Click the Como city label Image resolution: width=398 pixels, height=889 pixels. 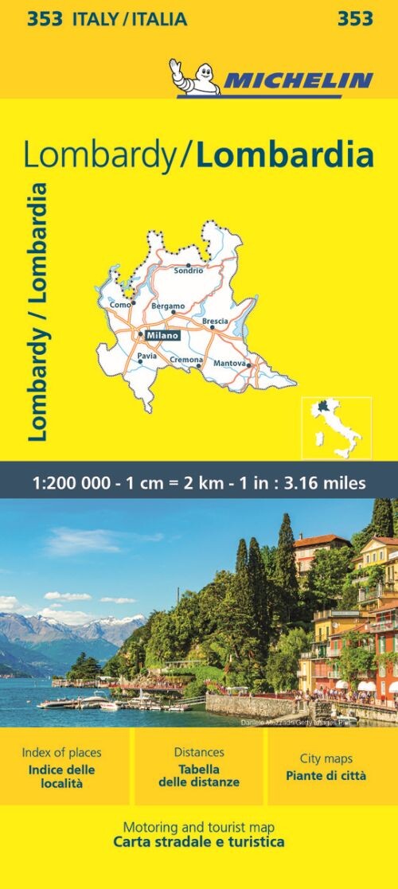tap(119, 305)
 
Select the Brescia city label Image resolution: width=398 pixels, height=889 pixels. tap(216, 322)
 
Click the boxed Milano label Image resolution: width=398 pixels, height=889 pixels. tap(162, 335)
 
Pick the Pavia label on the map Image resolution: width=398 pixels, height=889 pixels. tap(146, 356)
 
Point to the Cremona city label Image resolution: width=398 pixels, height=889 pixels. tap(186, 360)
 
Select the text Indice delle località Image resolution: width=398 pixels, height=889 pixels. tap(62, 777)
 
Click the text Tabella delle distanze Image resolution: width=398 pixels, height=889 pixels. tap(199, 776)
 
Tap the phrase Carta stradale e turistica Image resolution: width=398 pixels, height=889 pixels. tap(199, 842)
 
